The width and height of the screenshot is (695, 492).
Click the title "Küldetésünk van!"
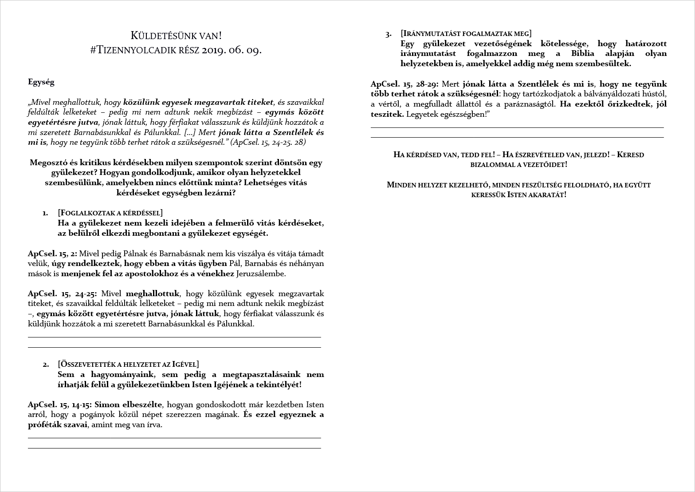[176, 36]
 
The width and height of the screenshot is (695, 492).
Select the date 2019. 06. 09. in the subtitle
[232, 50]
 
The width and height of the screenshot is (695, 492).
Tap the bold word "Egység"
[41, 82]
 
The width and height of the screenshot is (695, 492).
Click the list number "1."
[45, 213]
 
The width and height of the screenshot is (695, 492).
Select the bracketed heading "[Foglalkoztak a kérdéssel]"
[110, 213]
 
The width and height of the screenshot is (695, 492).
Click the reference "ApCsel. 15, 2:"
[52, 254]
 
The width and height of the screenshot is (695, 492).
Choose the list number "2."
[46, 365]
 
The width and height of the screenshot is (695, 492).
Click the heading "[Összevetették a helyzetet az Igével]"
[128, 365]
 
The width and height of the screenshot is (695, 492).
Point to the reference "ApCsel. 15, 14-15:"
[60, 405]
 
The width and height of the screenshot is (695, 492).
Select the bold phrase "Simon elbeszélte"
[129, 405]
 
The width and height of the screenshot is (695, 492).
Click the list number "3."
[389, 34]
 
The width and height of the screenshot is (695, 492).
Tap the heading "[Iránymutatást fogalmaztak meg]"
[466, 34]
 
